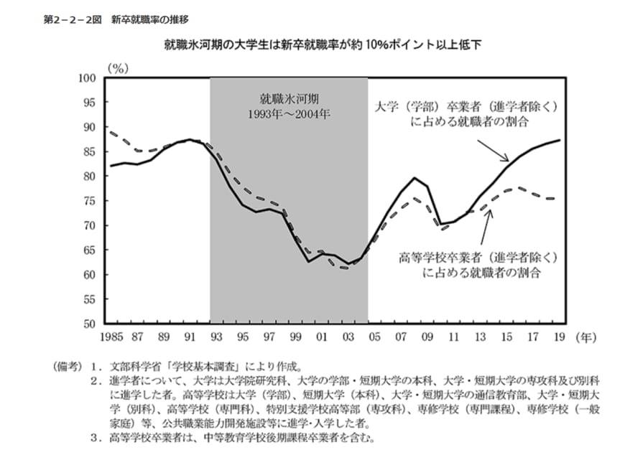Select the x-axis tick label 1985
(111, 337)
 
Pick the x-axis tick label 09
(428, 337)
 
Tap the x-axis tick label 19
(560, 337)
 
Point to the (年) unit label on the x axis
(585, 337)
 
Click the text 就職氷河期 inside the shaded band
(289, 98)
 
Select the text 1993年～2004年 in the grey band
(289, 113)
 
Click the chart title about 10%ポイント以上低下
(323, 44)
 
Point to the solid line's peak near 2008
(415, 177)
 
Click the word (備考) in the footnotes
(63, 365)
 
